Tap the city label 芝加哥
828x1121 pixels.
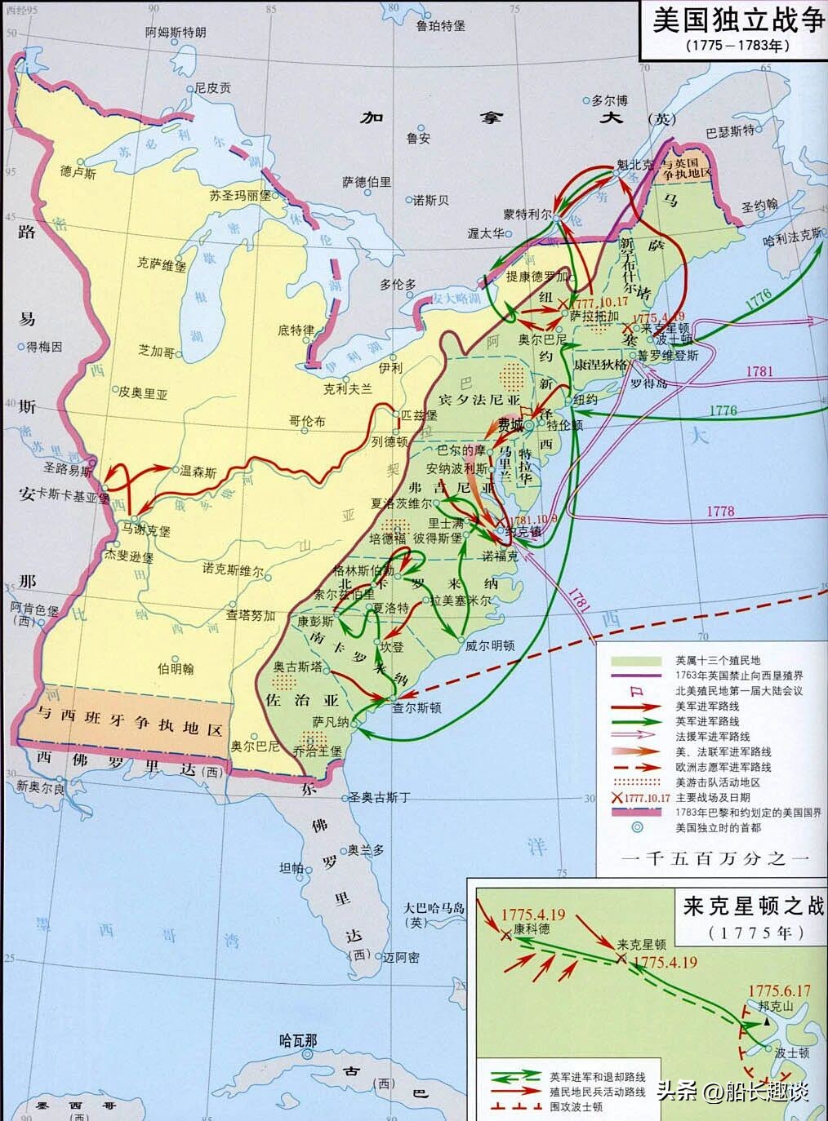point(156,351)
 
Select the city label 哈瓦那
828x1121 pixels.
point(297,1040)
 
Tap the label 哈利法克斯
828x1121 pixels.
point(791,234)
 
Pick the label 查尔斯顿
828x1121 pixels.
point(416,708)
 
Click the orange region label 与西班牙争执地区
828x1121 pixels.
point(122,722)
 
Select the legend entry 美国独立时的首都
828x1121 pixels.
point(718,827)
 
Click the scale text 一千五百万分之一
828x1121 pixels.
point(714,858)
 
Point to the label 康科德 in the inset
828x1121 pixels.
point(532,929)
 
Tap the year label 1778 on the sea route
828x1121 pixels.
point(720,512)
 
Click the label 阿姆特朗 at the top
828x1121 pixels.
point(176,32)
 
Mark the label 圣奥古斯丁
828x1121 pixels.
point(379,797)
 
